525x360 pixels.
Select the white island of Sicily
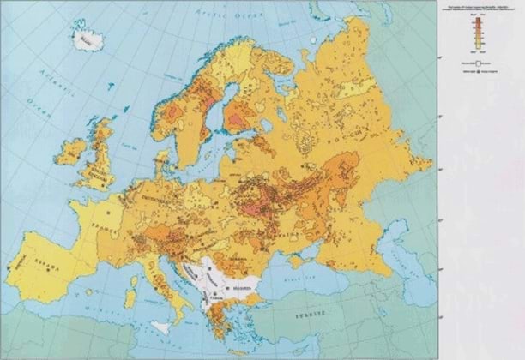[160, 327]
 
